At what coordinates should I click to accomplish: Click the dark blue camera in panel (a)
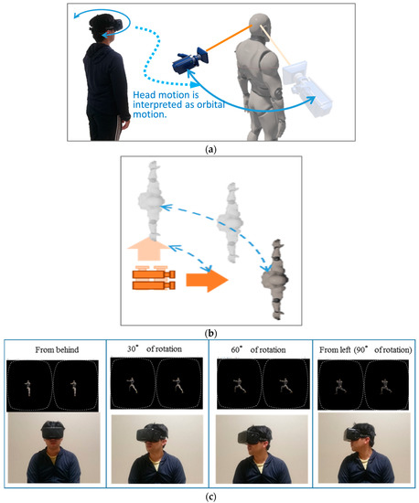[190, 61]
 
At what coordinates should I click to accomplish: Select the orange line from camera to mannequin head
[228, 38]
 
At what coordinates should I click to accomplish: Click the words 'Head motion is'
[166, 95]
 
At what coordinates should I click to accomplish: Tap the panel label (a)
[210, 149]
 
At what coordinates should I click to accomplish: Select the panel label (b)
[210, 333]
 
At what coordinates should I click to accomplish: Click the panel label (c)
[210, 497]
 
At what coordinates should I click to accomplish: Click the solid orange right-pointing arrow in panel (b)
[207, 280]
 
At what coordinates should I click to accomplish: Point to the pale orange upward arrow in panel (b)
[148, 249]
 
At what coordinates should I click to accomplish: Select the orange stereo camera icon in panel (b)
[154, 278]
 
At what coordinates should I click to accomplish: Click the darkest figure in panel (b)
[274, 280]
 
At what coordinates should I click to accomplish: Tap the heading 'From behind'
[57, 349]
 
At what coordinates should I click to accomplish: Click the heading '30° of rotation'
[155, 349]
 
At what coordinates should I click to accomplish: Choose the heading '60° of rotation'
[258, 349]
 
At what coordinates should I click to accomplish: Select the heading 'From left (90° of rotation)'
[365, 349]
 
